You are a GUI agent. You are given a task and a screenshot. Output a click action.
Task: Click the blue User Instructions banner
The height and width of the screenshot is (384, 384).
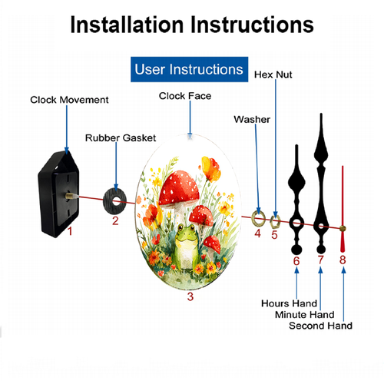pos(189,69)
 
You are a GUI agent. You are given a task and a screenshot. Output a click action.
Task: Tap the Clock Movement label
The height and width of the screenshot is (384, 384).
pos(69,100)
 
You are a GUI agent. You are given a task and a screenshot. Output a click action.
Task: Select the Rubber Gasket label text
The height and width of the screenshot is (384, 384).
pos(121,138)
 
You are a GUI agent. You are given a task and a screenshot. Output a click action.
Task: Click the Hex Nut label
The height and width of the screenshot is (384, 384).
pos(273,74)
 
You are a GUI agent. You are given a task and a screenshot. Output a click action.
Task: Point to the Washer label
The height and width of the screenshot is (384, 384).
pos(252,119)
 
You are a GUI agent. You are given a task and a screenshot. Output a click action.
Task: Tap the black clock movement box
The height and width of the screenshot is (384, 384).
pos(58,194)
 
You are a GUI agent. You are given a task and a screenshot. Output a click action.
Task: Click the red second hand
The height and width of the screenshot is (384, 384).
pos(343,210)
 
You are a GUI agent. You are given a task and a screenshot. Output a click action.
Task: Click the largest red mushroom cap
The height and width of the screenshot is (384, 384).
pos(179,188)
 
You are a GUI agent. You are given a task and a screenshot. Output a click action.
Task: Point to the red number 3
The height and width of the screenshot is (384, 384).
pos(190,296)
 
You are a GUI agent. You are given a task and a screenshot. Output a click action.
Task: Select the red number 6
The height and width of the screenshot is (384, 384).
pos(296,261)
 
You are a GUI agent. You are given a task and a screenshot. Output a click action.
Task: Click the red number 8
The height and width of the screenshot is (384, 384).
pos(343,260)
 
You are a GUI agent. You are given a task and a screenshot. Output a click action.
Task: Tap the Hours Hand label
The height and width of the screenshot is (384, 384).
pos(289,303)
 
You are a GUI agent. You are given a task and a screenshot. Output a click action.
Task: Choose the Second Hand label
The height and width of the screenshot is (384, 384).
pos(320,326)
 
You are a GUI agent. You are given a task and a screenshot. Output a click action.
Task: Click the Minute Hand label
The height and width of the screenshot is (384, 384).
pos(305,315)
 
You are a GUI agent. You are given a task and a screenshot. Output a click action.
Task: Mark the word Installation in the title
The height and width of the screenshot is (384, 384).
pos(127,25)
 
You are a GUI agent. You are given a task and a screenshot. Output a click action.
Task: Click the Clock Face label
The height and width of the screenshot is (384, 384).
pos(185,96)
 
